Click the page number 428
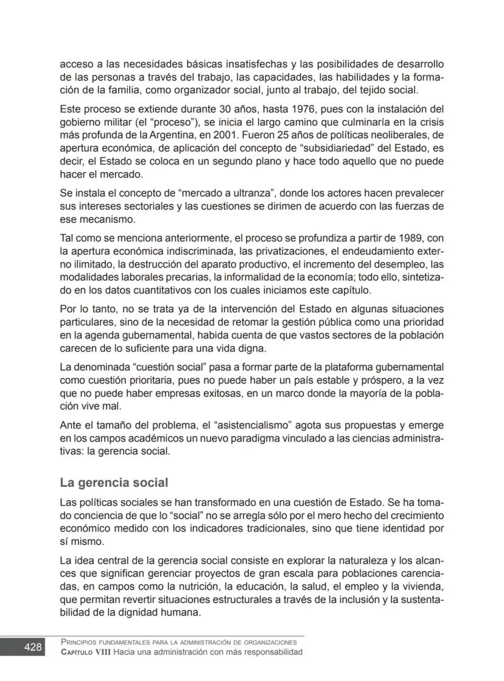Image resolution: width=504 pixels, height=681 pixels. click(33, 647)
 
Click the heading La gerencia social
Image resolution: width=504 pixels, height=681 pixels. click(114, 483)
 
